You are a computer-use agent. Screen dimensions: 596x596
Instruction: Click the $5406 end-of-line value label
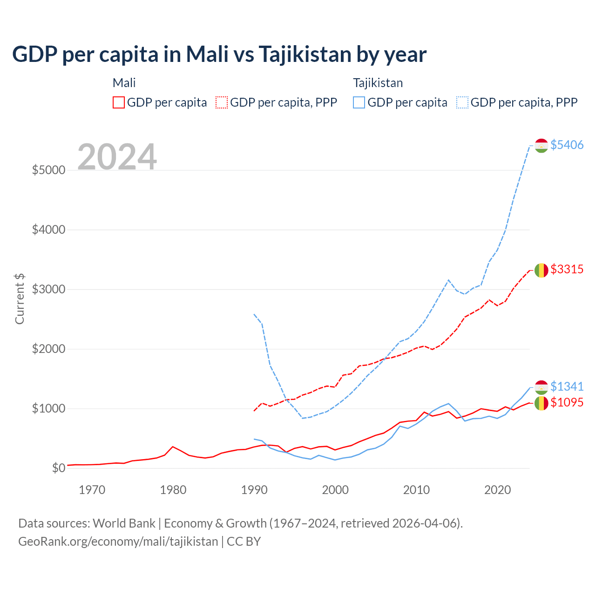(x=567, y=145)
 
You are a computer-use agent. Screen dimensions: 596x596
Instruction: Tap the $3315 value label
(x=567, y=269)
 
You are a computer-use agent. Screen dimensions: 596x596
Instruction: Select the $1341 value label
(x=567, y=386)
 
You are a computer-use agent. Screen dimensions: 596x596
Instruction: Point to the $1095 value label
(x=567, y=402)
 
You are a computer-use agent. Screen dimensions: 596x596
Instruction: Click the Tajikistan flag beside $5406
(x=541, y=145)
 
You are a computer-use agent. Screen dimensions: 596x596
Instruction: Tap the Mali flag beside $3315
(x=541, y=270)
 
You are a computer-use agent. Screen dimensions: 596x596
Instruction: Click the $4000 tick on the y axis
(x=48, y=230)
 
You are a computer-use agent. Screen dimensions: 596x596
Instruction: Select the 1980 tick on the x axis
(x=173, y=490)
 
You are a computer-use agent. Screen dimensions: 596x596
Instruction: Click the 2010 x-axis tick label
(x=416, y=490)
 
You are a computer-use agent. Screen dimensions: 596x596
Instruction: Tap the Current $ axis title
(x=20, y=298)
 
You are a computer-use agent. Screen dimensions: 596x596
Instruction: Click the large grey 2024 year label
(x=117, y=157)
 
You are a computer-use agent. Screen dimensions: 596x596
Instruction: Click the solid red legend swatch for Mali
(x=119, y=102)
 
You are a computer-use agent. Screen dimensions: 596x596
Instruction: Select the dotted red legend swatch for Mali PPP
(x=222, y=102)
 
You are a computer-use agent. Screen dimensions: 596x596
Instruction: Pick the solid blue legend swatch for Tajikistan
(x=359, y=102)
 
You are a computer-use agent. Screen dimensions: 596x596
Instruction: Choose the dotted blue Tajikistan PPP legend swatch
(x=462, y=102)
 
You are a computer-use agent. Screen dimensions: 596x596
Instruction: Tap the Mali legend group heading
(x=124, y=83)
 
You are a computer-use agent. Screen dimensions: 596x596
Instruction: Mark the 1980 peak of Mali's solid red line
(x=173, y=447)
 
